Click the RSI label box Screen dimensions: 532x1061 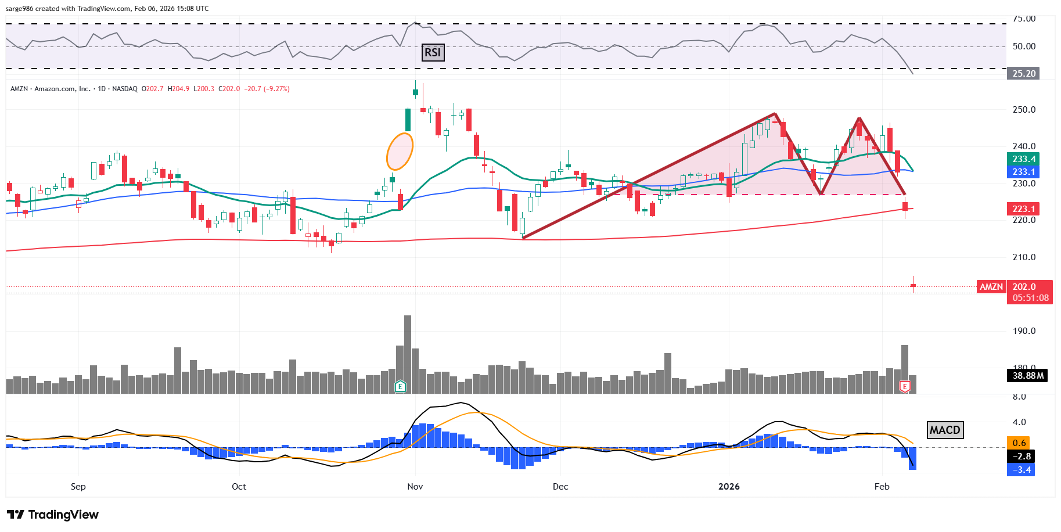[x=433, y=53]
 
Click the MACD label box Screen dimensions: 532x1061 [x=945, y=430]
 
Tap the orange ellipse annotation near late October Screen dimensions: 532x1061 [x=400, y=151]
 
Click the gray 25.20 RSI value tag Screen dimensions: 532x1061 [x=1023, y=74]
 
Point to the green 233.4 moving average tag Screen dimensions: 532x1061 [x=1023, y=159]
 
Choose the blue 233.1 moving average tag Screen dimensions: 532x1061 [x=1023, y=172]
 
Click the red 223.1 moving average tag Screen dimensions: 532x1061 [x=1023, y=209]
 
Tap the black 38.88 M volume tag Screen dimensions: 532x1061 [x=1027, y=376]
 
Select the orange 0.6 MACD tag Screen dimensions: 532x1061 [x=1019, y=443]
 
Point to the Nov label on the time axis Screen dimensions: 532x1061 [x=415, y=487]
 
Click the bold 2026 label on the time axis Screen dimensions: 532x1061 [x=729, y=487]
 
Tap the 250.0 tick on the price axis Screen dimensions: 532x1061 [x=1024, y=110]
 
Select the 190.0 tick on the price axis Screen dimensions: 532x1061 [x=1024, y=331]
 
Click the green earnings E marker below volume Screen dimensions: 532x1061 [x=400, y=386]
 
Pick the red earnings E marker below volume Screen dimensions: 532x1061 [x=904, y=386]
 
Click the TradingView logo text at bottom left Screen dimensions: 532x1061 [x=53, y=515]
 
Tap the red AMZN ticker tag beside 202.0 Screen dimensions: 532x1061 [x=991, y=287]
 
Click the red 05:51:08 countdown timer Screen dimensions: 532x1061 [x=1030, y=298]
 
